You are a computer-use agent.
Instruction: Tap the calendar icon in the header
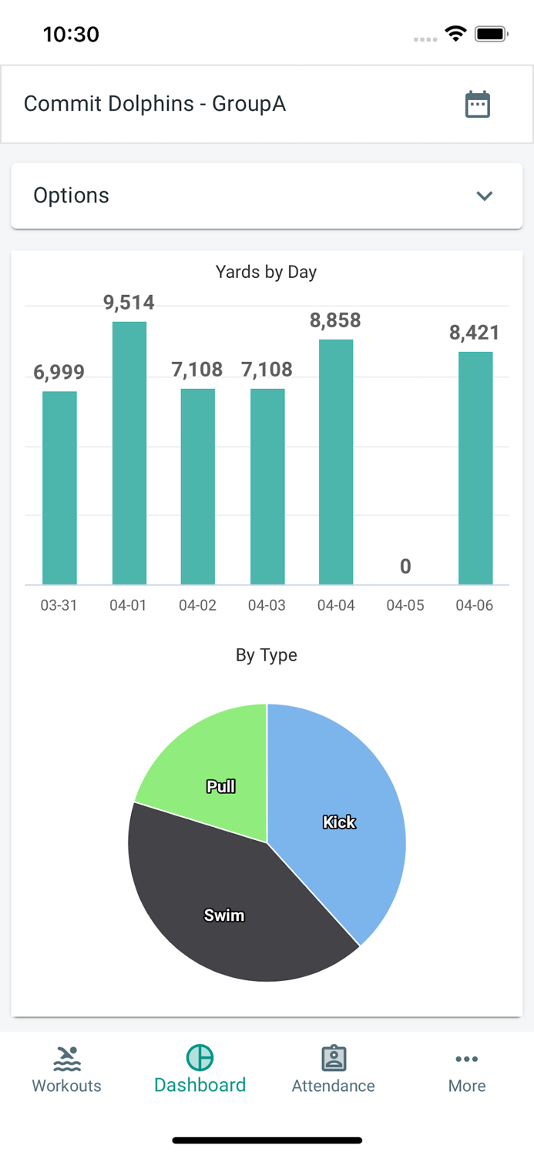coord(478,104)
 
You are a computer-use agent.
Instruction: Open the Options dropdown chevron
coord(484,196)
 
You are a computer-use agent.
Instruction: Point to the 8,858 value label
coord(335,320)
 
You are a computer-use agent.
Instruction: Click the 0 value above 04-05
coord(405,567)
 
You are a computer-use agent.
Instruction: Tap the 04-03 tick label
coord(267,605)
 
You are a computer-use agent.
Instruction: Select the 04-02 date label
coord(197,605)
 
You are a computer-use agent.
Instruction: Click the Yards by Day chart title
coord(266,272)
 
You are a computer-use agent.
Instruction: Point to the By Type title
coord(266,655)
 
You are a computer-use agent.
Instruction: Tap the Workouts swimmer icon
coord(67,1059)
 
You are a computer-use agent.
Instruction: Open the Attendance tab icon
coord(334,1058)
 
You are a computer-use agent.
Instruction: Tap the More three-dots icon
coord(467,1060)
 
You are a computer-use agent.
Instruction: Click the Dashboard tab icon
coord(200,1058)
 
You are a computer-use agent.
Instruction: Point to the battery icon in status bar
coord(490,34)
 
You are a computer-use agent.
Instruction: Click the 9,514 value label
coord(129,303)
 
